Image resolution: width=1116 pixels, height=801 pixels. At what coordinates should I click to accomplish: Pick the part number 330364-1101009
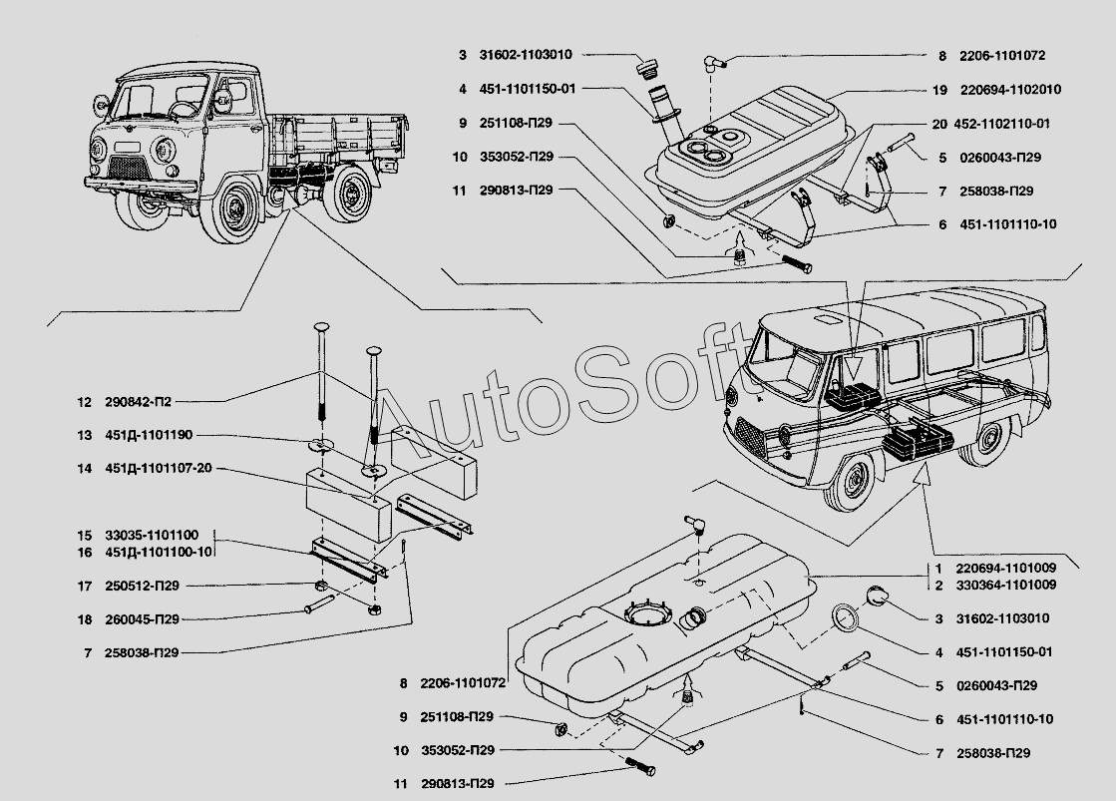[x=1007, y=585]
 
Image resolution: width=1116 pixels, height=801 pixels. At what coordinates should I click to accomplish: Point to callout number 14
[x=84, y=468]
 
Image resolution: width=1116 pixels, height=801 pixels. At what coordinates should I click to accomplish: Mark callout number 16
[x=84, y=553]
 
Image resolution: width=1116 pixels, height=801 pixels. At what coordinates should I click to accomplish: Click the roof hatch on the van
[x=827, y=319]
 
